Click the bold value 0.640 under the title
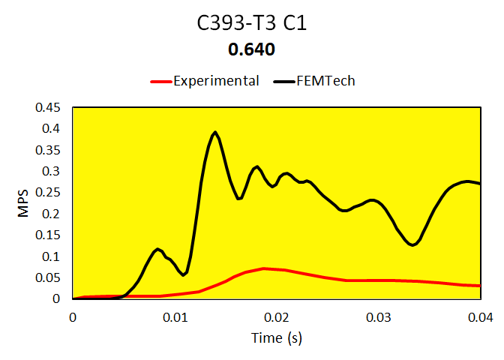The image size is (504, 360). click(252, 50)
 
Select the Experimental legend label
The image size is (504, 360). click(216, 81)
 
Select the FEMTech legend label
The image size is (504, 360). click(325, 81)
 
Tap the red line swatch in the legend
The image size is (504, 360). click(160, 81)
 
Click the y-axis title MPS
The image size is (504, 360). click(23, 203)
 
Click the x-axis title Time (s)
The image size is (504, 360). click(276, 338)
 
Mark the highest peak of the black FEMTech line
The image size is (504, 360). click(215, 132)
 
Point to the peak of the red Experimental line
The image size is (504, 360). click(264, 268)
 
